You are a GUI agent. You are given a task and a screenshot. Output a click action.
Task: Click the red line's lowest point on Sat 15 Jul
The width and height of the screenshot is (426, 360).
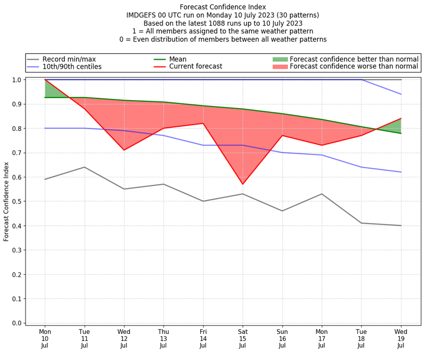point(243,184)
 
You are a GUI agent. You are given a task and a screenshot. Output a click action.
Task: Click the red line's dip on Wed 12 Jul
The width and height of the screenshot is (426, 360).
point(124,150)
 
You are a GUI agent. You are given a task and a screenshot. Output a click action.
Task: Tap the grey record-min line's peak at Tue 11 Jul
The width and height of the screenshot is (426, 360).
point(85,167)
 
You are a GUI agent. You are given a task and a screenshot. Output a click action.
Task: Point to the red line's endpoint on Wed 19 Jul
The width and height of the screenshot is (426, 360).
point(401,119)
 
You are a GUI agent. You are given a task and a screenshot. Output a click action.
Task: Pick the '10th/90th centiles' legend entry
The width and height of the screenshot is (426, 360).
point(72,67)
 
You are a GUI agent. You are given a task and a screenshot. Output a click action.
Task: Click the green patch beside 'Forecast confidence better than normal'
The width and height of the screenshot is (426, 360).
point(280,59)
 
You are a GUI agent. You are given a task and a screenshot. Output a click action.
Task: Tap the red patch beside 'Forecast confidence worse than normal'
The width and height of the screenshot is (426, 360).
point(280,67)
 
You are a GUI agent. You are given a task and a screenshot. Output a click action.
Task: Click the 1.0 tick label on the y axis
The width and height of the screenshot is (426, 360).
point(17,80)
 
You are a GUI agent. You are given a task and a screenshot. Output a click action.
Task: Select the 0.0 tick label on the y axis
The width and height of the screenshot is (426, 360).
point(17,323)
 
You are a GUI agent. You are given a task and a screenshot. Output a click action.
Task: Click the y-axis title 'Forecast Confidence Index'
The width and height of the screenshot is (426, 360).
point(6,201)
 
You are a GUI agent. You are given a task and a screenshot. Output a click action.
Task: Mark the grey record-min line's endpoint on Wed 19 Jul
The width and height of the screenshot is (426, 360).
point(401,226)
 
